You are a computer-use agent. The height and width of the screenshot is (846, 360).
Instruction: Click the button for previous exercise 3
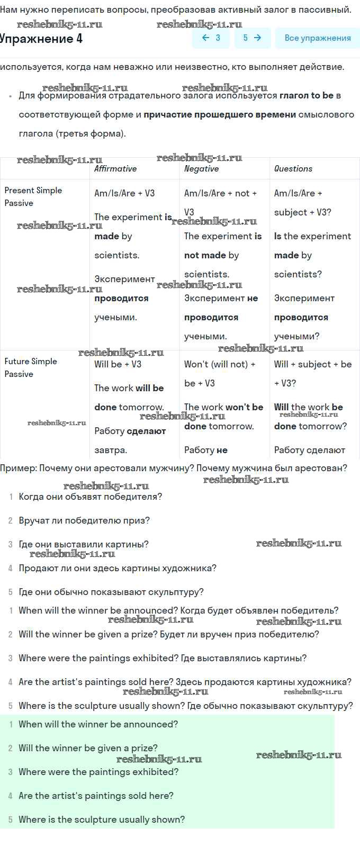(211, 38)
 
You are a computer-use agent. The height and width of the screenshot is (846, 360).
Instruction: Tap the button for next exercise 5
(252, 38)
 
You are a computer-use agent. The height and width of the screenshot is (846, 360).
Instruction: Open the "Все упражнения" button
(317, 38)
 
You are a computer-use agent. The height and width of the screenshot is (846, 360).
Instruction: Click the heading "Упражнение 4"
(41, 39)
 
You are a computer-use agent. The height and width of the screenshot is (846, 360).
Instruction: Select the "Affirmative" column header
(115, 169)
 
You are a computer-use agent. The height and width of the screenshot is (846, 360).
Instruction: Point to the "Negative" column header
(201, 169)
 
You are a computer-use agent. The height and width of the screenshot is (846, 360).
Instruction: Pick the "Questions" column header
(293, 169)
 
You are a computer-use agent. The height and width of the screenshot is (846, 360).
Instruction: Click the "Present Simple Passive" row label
(33, 196)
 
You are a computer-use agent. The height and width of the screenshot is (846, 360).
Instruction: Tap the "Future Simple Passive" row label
(31, 367)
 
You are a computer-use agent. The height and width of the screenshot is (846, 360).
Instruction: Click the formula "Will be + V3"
(118, 364)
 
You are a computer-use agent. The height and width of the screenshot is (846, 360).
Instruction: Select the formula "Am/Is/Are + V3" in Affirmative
(124, 193)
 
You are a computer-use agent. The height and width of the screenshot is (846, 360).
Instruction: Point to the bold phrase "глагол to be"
(307, 96)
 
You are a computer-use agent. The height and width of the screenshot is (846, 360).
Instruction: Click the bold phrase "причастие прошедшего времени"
(220, 115)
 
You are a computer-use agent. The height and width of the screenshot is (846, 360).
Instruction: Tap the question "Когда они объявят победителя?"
(90, 497)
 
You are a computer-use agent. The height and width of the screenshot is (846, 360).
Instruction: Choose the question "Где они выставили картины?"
(84, 544)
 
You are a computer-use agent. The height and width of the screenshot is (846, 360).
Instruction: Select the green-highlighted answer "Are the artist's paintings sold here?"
(96, 796)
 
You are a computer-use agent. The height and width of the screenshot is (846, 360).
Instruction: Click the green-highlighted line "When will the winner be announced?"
(98, 724)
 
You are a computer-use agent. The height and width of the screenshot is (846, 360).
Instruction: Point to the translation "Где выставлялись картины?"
(244, 658)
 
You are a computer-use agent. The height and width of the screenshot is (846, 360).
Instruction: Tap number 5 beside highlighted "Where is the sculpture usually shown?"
(10, 820)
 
